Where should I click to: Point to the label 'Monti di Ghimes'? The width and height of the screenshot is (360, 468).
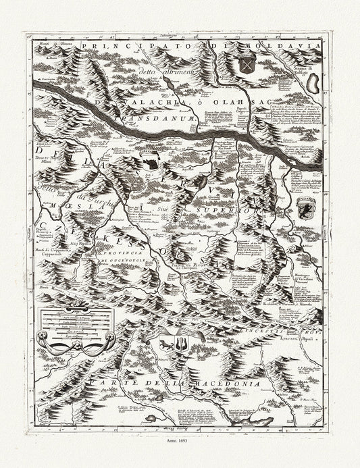point(54,45)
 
